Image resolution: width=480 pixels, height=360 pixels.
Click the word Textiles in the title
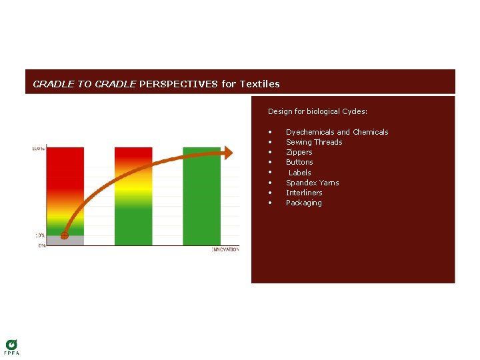259,84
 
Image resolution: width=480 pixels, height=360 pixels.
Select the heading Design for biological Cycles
317,111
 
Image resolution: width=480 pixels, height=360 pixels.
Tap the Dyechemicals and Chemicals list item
337,132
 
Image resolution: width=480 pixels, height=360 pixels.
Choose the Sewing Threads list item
314,142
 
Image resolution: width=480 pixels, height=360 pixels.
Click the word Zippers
299,152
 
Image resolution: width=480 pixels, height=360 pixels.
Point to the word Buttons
299,162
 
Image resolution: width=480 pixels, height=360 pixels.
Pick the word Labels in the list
300,173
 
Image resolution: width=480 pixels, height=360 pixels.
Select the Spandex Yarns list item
312,183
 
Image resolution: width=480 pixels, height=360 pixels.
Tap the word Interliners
304,193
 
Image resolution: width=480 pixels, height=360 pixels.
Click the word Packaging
303,203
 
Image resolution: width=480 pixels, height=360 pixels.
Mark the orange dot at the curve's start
64,235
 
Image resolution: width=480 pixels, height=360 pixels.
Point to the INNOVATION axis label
225,249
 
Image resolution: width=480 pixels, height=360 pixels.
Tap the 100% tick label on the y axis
38,148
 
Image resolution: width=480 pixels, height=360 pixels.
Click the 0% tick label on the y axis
41,246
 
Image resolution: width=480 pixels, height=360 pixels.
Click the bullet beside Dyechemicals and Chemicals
270,132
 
